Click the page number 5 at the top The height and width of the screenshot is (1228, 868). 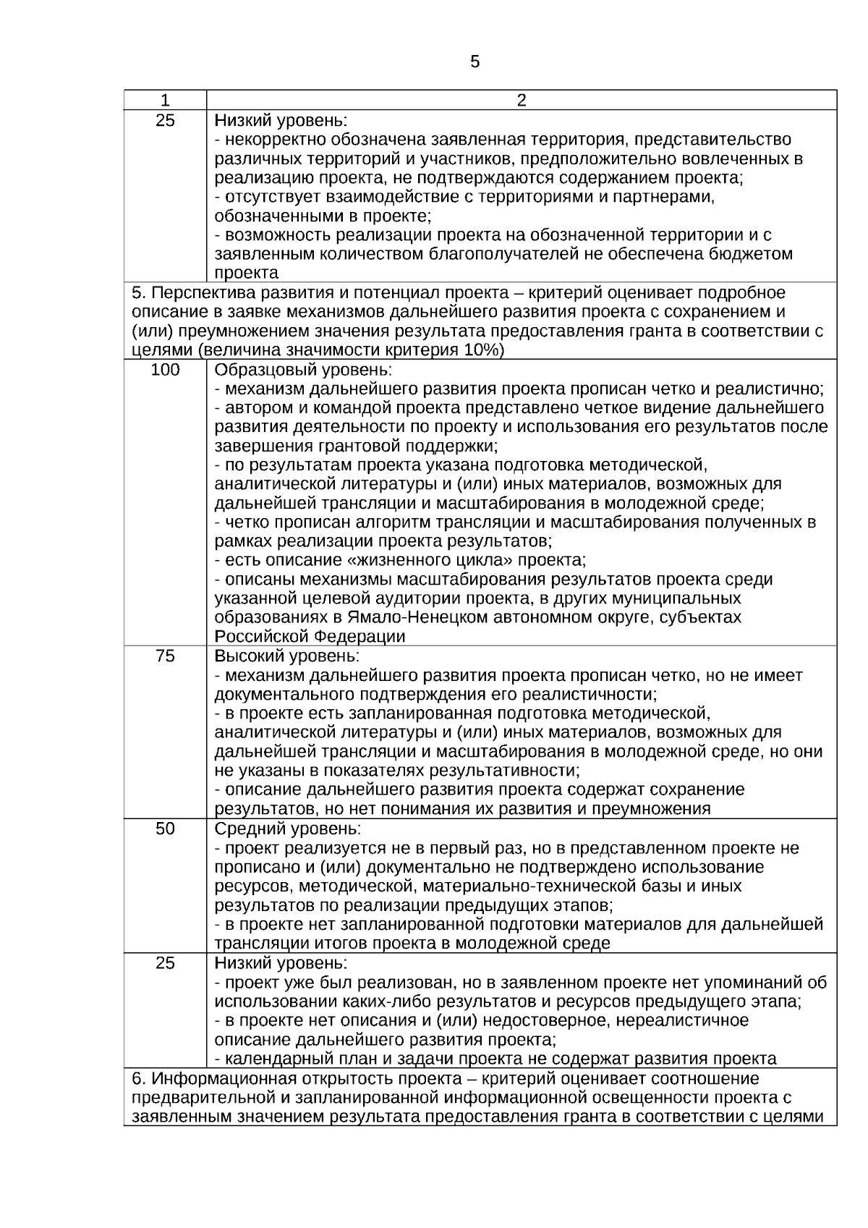pos(475,62)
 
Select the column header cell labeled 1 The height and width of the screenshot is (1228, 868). pos(165,100)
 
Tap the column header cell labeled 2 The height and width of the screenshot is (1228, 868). pos(522,100)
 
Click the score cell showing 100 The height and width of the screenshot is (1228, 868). pos(165,370)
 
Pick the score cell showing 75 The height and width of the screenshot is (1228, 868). pos(165,656)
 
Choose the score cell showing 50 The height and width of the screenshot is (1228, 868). pos(165,829)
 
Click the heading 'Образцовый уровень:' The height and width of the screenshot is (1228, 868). pos(303,370)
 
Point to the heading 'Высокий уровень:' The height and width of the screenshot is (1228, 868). pos(286,656)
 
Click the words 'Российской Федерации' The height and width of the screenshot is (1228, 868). pos(310,637)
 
